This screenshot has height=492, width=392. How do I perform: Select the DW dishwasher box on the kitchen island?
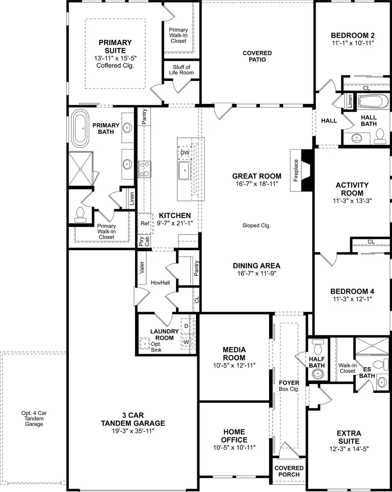tap(185, 152)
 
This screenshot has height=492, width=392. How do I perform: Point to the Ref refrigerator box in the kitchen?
tap(145, 223)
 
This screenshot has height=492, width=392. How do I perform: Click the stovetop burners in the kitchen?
tap(144, 169)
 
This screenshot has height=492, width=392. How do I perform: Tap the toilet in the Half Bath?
tap(317, 348)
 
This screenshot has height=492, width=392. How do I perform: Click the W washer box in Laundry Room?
tap(186, 341)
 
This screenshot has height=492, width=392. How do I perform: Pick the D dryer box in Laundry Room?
tap(186, 325)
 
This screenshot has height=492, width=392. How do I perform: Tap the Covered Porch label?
tap(289, 471)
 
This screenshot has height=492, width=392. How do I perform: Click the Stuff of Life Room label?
tap(182, 70)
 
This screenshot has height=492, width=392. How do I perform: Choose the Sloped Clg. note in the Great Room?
tap(257, 225)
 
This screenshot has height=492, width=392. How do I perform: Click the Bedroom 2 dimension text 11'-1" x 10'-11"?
tap(353, 43)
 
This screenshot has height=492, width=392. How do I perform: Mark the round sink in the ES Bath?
tap(382, 382)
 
